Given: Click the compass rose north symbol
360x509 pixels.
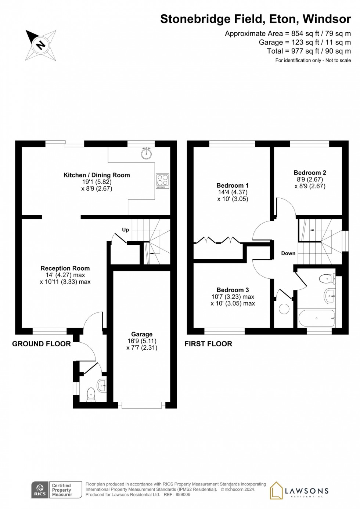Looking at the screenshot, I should (x=40, y=45).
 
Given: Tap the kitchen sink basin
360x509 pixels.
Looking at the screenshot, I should (x=147, y=154).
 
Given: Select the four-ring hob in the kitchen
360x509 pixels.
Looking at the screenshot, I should (x=162, y=181).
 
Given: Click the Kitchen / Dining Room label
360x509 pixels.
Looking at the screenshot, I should (x=97, y=175).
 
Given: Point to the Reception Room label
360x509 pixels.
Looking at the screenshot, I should (x=65, y=268).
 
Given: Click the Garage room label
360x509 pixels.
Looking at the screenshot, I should (x=142, y=334).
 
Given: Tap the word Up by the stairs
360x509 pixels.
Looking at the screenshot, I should (x=126, y=230).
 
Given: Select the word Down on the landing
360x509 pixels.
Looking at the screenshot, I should (x=288, y=253).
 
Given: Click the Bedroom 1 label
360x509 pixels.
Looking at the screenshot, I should (x=233, y=185).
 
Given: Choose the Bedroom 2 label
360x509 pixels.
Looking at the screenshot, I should (x=310, y=173).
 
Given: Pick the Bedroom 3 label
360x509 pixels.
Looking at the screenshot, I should (x=233, y=290).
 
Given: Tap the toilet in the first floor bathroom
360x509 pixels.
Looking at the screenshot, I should (x=327, y=279).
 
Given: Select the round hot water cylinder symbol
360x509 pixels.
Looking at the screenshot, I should (x=284, y=309).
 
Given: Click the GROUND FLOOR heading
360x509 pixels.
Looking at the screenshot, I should (x=42, y=344).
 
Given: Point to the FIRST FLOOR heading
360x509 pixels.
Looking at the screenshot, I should (x=208, y=344).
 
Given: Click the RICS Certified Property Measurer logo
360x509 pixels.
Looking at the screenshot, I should (x=57, y=490).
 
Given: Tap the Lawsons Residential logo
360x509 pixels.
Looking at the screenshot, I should (x=299, y=491).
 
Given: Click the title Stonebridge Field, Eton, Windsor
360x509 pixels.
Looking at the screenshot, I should (x=255, y=19).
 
